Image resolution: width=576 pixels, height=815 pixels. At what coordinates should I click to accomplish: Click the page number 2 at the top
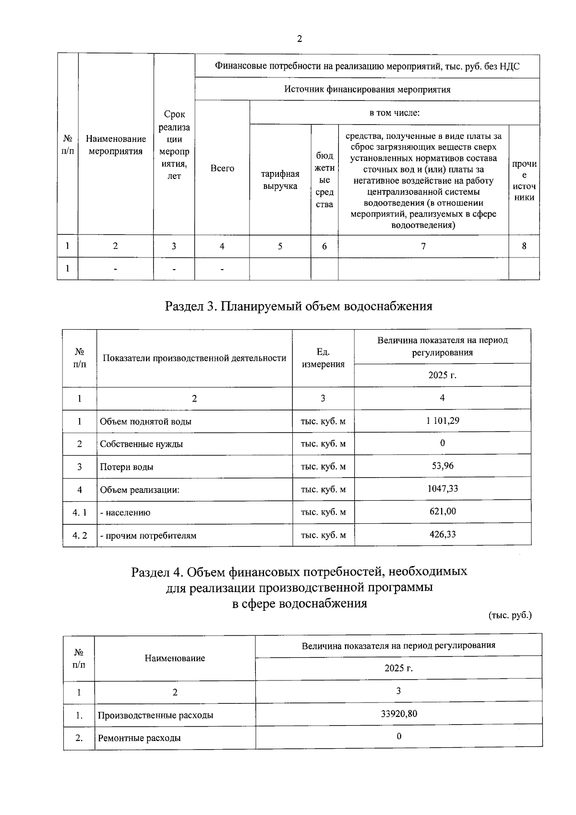(300, 39)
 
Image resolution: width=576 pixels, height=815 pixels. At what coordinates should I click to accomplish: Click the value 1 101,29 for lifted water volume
(442, 420)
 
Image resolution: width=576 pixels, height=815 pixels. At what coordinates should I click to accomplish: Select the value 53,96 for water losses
(442, 466)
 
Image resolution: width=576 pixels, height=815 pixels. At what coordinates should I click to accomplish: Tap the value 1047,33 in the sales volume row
(442, 489)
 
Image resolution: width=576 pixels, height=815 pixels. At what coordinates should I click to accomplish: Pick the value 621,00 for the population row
(442, 511)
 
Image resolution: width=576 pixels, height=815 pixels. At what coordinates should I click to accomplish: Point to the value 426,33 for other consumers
(442, 534)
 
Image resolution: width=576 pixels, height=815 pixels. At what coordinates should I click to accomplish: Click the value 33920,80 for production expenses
(398, 714)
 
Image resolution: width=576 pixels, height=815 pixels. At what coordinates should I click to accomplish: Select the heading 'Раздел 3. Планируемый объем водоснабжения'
(299, 306)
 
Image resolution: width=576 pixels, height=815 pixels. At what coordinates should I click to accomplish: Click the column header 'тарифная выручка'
(280, 180)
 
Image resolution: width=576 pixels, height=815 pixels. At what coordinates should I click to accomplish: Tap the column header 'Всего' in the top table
(222, 168)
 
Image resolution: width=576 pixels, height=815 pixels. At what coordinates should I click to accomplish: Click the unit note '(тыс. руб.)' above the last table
(510, 615)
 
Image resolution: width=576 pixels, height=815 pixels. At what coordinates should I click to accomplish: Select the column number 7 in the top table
(423, 246)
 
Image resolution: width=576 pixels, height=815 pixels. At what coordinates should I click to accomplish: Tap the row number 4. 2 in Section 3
(80, 535)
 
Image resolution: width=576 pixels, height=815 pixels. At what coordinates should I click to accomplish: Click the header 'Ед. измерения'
(323, 358)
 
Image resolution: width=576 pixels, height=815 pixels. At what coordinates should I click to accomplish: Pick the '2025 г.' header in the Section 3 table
(442, 375)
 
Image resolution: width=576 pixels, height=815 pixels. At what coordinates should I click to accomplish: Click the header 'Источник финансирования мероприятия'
(367, 89)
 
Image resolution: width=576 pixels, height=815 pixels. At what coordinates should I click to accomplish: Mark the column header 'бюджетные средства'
(324, 180)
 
